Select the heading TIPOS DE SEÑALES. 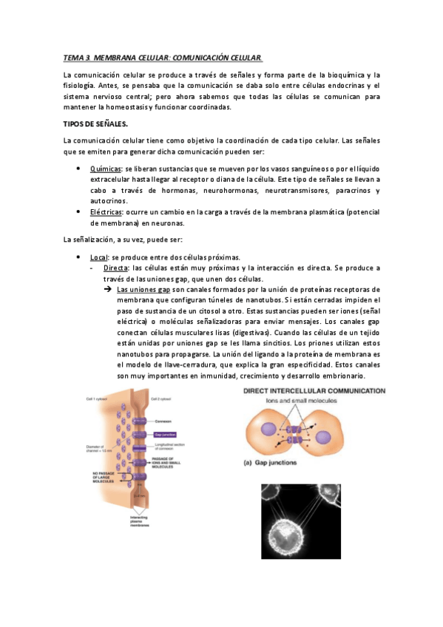click(95, 123)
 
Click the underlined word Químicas click(104, 169)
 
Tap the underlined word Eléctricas click(106, 211)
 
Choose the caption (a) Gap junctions click(273, 465)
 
